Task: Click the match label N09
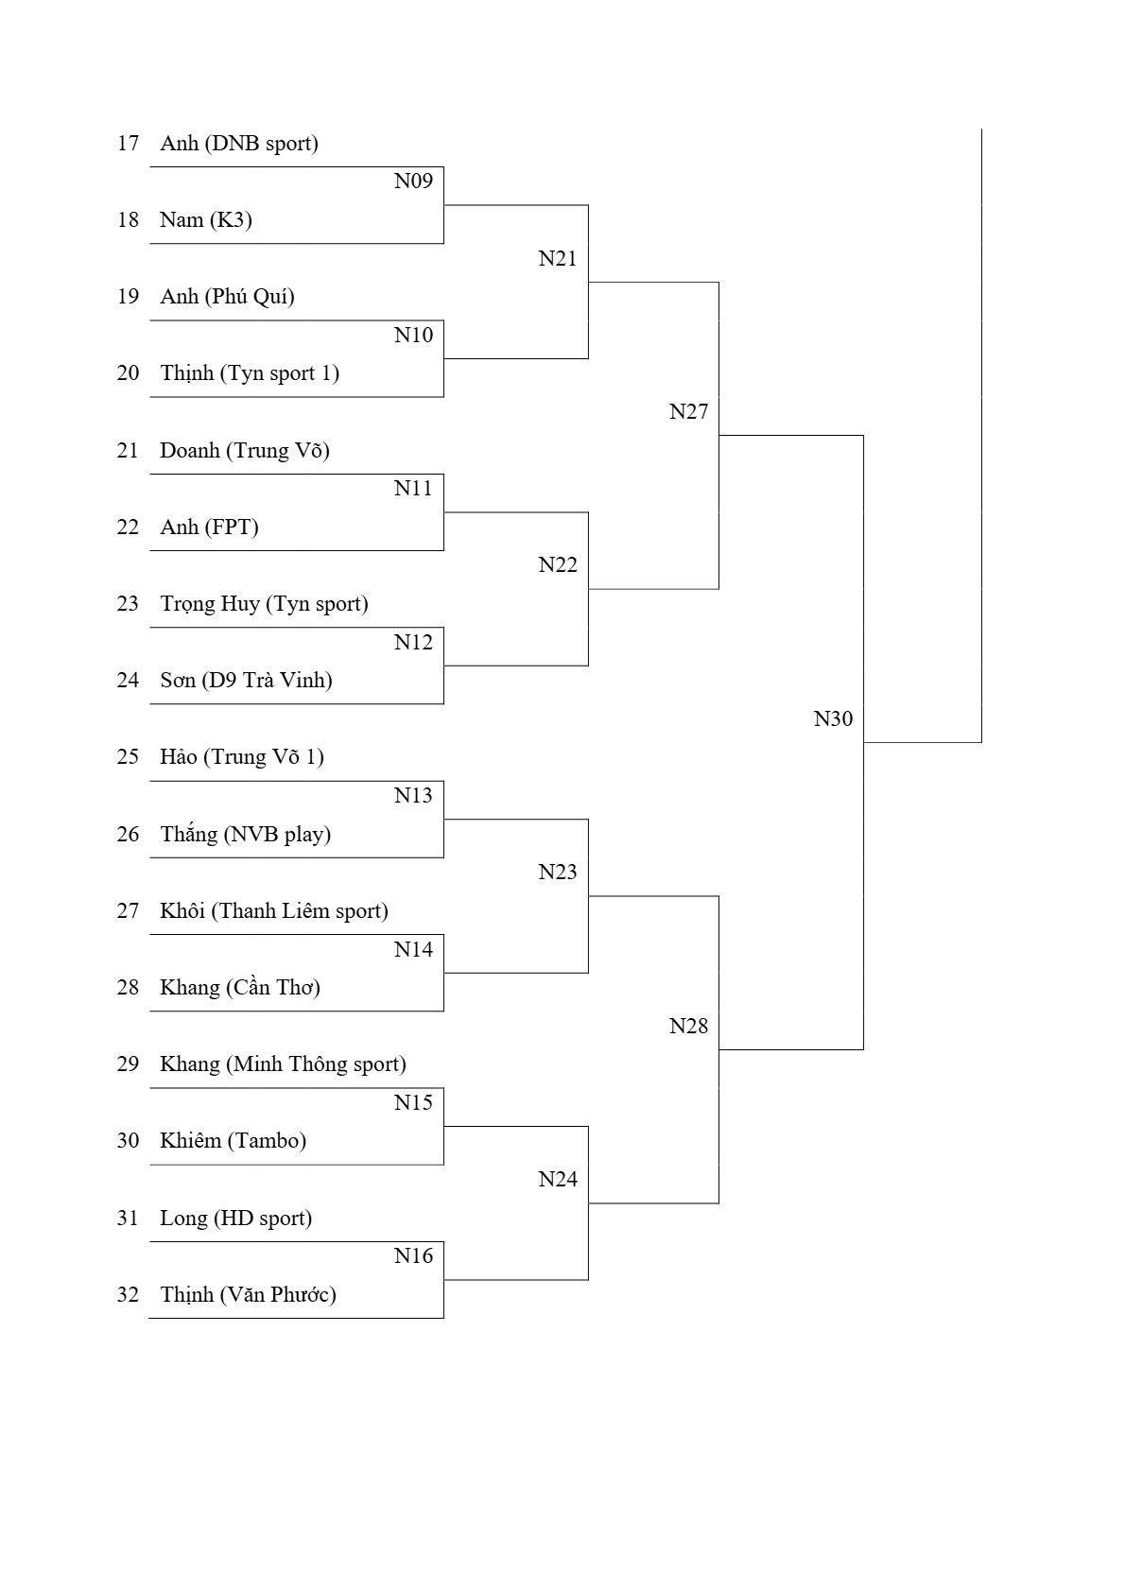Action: [x=413, y=182]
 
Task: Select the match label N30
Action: [x=833, y=718]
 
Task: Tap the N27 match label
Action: [x=689, y=411]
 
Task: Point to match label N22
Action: [x=558, y=564]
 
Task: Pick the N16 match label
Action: [x=413, y=1255]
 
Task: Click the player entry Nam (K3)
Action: [x=206, y=220]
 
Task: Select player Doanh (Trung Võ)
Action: [x=245, y=450]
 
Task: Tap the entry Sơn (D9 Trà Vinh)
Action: [x=247, y=681]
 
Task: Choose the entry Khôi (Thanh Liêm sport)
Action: [x=274, y=910]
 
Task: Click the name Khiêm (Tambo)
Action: [x=233, y=1141]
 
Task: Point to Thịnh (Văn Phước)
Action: [x=248, y=1295]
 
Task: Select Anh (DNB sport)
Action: [x=239, y=144]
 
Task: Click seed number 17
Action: [x=128, y=144]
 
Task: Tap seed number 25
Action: [x=128, y=757]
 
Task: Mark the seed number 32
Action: [x=128, y=1295]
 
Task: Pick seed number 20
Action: [x=128, y=373]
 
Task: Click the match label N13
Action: [x=413, y=796]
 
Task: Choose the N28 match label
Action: [x=689, y=1026]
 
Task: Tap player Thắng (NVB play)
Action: [x=246, y=834]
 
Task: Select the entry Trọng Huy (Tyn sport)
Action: [x=264, y=604]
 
